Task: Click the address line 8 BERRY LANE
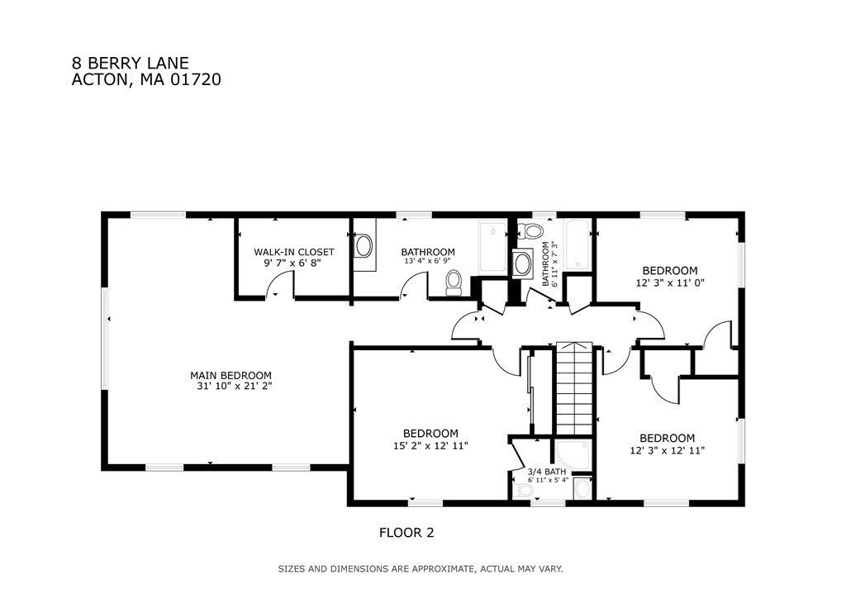click(130, 63)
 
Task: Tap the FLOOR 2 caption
click(406, 533)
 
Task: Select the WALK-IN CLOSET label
click(294, 252)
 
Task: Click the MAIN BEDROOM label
click(231, 375)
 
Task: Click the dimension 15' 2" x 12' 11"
click(430, 445)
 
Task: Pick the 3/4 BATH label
click(547, 472)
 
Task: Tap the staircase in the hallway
click(575, 387)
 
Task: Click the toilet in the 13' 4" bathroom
click(454, 283)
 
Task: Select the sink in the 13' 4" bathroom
click(364, 246)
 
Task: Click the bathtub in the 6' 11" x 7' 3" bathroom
click(577, 244)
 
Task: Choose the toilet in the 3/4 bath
click(522, 491)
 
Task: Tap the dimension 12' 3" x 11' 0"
click(670, 282)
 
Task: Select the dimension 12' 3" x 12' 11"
click(668, 450)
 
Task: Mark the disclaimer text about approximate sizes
click(421, 568)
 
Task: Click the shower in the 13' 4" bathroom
click(492, 247)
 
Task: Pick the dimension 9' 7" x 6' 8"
click(292, 263)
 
